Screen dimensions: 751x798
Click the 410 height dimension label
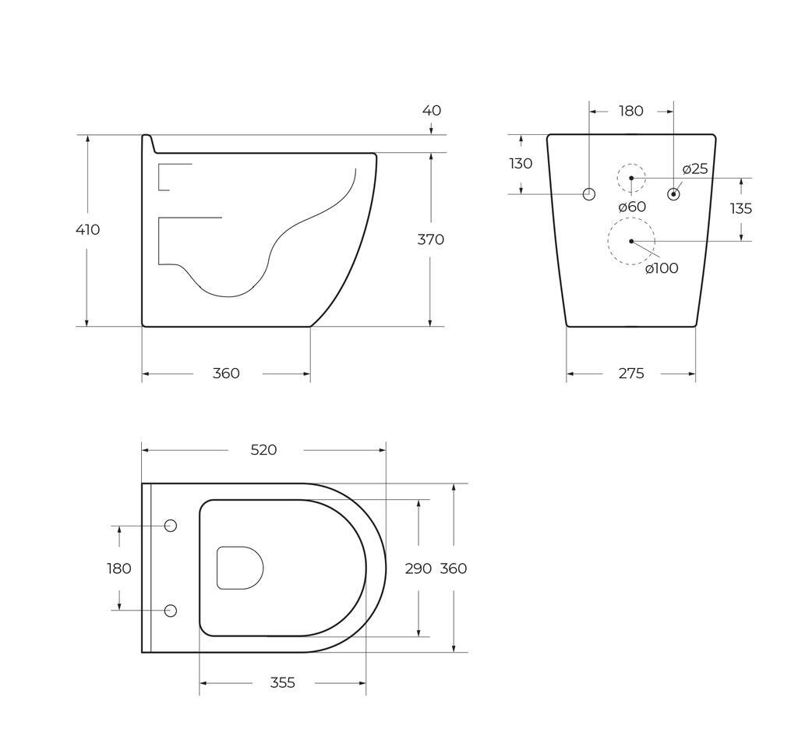[x=87, y=230]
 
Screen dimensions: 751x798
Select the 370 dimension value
[x=430, y=239]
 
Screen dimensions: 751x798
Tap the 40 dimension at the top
[x=431, y=111]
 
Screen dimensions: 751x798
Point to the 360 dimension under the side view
[x=226, y=374]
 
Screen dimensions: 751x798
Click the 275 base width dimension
[x=631, y=374]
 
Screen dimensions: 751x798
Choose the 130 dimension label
[x=521, y=164]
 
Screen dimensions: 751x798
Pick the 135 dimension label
[x=740, y=209]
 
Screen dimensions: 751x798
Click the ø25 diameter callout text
[x=695, y=169]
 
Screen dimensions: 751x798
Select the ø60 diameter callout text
[x=632, y=207]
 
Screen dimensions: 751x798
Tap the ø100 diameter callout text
[x=662, y=269]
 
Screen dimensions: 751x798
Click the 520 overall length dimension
[x=263, y=450]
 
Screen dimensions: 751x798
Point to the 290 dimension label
[x=418, y=569]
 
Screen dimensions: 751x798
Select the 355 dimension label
[x=282, y=683]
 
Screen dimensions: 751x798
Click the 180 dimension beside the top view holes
[x=119, y=569]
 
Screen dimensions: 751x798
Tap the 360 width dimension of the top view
[x=454, y=569]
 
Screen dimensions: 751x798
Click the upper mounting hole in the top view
[x=171, y=526]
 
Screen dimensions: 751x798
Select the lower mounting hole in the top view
[x=171, y=611]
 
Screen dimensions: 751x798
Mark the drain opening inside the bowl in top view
[x=239, y=568]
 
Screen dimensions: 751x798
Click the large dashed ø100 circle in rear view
[x=631, y=241]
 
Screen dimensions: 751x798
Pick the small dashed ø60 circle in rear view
[x=631, y=178]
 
